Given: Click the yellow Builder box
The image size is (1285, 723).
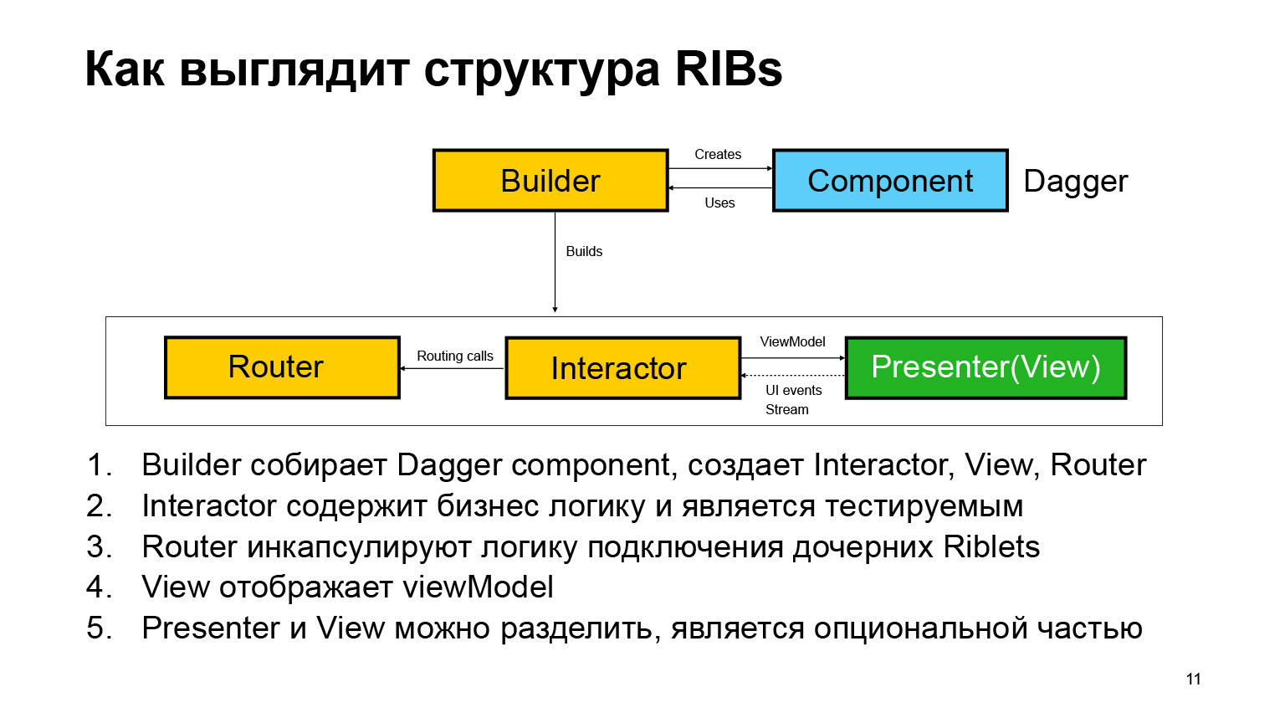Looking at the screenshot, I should [550, 181].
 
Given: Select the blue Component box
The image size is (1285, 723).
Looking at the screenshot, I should [890, 181].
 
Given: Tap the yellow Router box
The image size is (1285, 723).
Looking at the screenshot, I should [282, 367].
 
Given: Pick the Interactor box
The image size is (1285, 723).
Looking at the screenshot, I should [622, 368].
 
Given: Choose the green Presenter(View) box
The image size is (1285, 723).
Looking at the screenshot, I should [986, 367].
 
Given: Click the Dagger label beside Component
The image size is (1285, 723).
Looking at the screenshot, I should [1075, 182].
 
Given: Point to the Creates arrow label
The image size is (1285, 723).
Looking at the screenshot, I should [718, 155].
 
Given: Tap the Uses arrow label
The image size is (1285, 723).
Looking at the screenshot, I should [719, 203].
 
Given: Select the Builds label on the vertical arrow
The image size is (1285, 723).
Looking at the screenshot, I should [584, 252].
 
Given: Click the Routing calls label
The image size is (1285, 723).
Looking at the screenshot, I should [455, 356].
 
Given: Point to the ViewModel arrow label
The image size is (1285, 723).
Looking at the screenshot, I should [792, 342].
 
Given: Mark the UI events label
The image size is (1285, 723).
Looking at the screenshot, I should [793, 391].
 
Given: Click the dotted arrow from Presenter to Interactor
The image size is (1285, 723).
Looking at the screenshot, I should [793, 376].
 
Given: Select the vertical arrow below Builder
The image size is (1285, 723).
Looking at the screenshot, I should [555, 268].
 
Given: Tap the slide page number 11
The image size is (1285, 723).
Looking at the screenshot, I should [1193, 679].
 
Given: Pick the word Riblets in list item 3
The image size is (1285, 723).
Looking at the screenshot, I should [991, 547].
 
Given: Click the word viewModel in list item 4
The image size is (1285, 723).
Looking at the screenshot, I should [478, 587].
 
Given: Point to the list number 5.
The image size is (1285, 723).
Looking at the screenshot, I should [99, 628].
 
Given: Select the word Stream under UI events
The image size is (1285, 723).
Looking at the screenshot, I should [786, 410].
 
